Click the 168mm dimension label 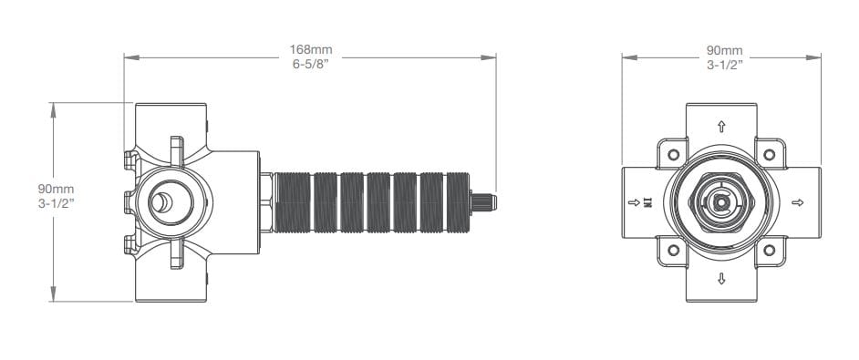[311, 50]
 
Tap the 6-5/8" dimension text [311, 63]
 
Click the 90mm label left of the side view [56, 189]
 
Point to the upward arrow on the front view [721, 127]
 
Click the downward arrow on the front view [721, 279]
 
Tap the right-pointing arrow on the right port [798, 202]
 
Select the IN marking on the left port [648, 202]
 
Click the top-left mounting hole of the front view [673, 155]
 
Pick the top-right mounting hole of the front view [770, 155]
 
